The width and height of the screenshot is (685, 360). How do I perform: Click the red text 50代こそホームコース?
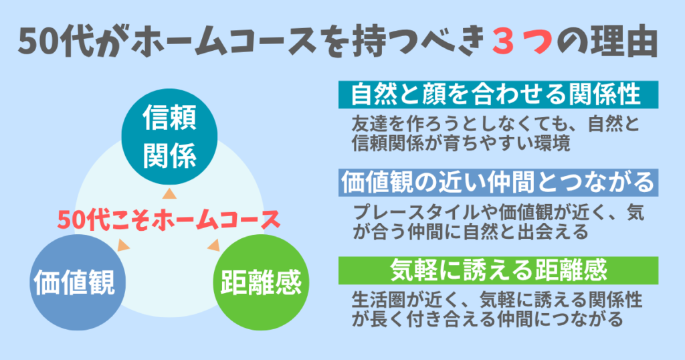(x=167, y=219)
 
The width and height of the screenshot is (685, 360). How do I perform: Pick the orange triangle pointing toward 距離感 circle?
(x=213, y=245)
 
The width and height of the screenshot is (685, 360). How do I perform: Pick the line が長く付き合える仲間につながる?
(x=488, y=319)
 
